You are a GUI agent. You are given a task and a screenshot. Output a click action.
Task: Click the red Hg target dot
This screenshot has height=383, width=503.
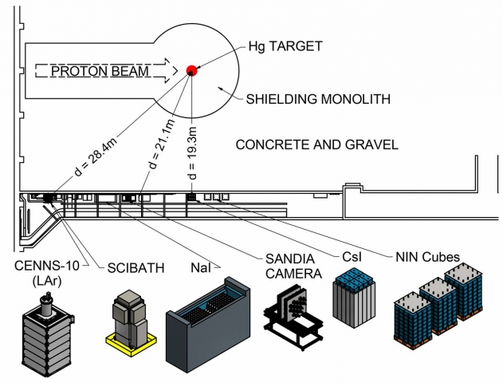coord(191,71)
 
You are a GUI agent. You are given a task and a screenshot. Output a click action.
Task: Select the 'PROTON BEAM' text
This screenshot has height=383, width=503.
coord(100,72)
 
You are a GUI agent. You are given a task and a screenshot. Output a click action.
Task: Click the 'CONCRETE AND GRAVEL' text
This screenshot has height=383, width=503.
coord(316,144)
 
